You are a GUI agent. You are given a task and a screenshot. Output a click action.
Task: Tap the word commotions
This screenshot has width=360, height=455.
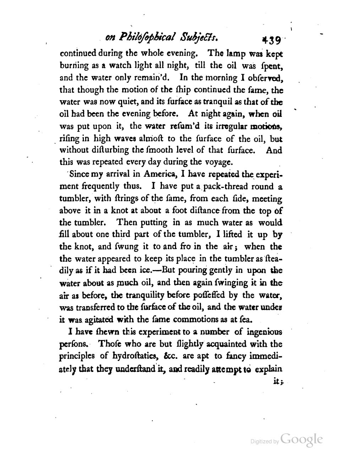tap(195, 319)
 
